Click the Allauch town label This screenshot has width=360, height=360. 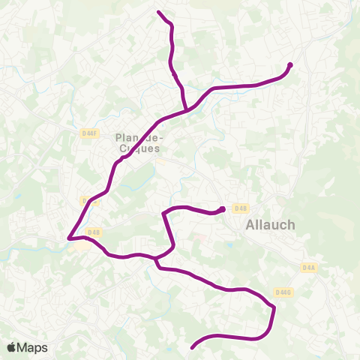coord(271,224)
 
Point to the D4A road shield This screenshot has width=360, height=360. coord(310,266)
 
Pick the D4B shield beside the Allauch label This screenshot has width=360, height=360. coord(240,208)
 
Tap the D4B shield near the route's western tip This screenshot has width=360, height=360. coord(93,232)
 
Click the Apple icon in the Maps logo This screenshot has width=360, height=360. coord(12,347)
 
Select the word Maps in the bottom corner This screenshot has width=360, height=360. coord(32,347)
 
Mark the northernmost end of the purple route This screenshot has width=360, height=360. coord(158,12)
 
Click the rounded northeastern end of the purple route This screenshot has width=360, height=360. coord(289,65)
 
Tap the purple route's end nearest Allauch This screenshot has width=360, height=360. coord(223,209)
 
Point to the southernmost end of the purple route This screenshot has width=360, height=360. coord(193,347)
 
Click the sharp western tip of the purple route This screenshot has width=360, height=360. coord(68,238)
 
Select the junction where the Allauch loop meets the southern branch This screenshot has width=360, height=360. coord(156,259)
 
